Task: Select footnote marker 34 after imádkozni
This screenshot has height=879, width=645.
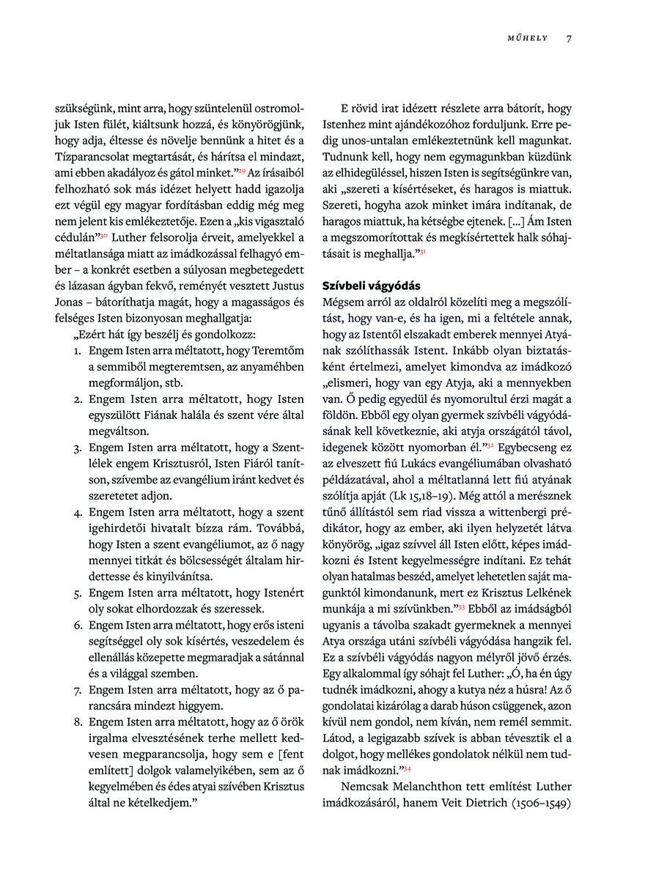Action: pos(407,768)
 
